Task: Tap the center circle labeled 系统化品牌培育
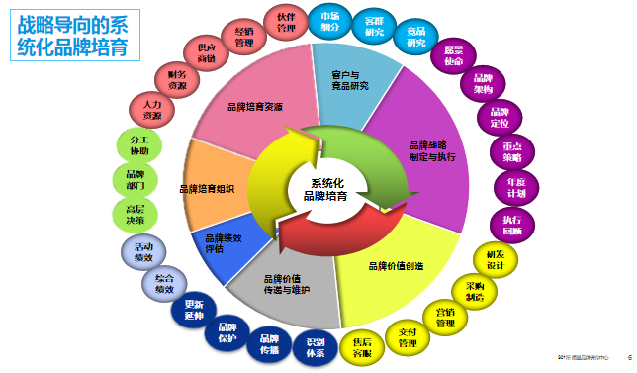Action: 325,189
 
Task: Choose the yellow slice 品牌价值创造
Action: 398,265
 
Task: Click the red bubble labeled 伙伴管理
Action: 286,22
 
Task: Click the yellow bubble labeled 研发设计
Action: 495,259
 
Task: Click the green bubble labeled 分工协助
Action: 138,143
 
